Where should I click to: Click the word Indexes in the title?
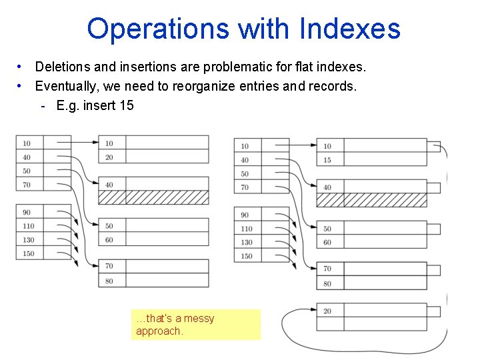point(350,29)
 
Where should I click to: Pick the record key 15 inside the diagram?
point(327,160)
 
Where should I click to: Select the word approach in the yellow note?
point(158,331)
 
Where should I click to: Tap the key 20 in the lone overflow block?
point(327,311)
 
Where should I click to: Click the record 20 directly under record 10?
point(109,157)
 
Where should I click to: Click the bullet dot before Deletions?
point(22,67)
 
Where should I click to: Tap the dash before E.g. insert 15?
point(43,105)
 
